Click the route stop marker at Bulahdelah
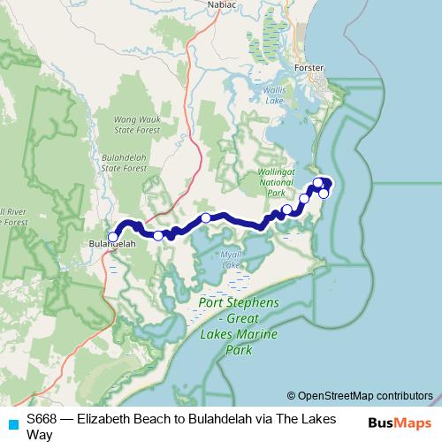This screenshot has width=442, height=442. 113,236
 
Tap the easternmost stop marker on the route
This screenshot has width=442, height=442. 324,193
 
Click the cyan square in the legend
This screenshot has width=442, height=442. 12,423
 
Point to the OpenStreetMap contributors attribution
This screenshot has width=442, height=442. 365,395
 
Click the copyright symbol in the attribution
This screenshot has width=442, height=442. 291,395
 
